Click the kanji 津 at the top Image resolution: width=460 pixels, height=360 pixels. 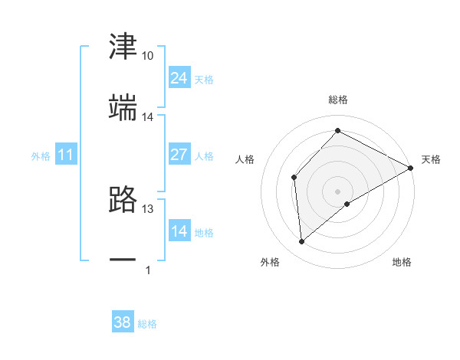[x=123, y=47]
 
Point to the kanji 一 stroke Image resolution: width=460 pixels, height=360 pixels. [x=123, y=260]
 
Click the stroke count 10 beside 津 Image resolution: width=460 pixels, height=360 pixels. [x=147, y=56]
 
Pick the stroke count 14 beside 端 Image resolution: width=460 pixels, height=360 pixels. [x=147, y=117]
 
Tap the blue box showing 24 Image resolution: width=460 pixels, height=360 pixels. [x=179, y=78]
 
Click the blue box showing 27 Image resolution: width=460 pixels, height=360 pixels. [x=179, y=155]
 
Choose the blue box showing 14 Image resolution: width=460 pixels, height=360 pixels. [x=179, y=231]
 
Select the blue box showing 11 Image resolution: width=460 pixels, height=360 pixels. [x=66, y=155]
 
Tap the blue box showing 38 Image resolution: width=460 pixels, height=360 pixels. [x=122, y=323]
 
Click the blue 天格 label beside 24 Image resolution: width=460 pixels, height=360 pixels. [x=204, y=80]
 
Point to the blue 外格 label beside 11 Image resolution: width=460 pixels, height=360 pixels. [x=41, y=156]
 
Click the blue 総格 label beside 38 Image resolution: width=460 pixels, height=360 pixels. [x=147, y=325]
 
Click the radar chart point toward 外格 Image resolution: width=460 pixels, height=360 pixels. [x=302, y=242]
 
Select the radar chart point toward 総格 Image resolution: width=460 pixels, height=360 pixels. [x=337, y=130]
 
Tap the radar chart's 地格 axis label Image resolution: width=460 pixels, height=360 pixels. [x=402, y=263]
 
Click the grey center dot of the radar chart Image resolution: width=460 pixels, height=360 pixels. [x=337, y=191]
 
